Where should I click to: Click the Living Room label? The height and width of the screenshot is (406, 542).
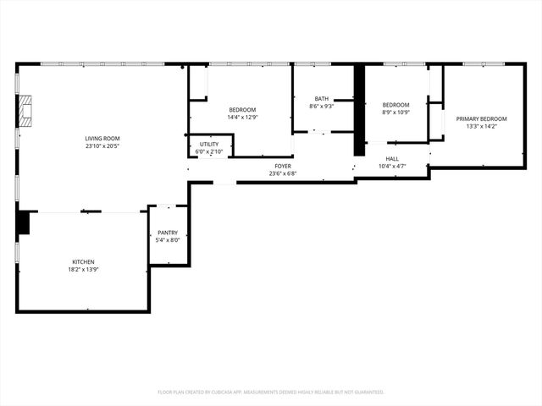(102, 139)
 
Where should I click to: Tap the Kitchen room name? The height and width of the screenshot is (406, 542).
(83, 262)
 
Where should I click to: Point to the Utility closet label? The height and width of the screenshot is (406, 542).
(209, 145)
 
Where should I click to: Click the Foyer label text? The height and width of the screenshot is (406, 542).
(282, 166)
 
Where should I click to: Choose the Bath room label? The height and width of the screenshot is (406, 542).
(321, 98)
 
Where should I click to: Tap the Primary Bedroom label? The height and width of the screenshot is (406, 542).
(481, 119)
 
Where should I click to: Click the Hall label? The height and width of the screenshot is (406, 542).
(392, 158)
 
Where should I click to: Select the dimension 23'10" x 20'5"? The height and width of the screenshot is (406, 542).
(102, 146)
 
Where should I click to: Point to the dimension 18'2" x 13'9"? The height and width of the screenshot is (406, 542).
(83, 270)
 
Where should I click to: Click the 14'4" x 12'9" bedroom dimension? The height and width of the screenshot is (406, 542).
(241, 118)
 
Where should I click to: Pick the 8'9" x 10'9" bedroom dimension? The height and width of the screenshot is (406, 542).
(395, 112)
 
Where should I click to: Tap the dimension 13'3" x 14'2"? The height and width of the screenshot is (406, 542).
(481, 127)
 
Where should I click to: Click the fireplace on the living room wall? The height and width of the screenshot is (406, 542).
(28, 111)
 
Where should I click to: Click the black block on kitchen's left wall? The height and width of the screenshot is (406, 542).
(23, 222)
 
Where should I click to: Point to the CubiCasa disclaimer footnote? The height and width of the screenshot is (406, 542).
(271, 392)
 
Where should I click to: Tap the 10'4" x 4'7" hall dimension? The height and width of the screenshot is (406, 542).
(392, 166)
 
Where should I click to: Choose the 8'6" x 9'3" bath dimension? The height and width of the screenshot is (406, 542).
(321, 106)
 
